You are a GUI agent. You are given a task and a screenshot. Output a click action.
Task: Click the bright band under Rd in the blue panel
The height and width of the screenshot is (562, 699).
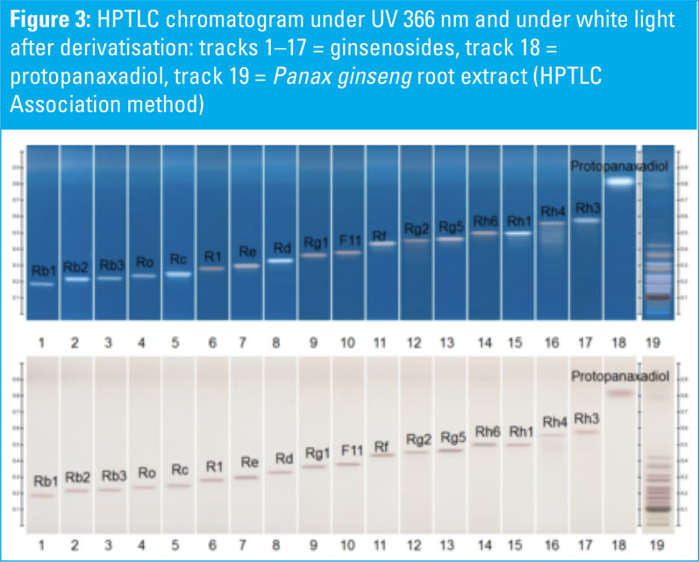[x=281, y=260]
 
